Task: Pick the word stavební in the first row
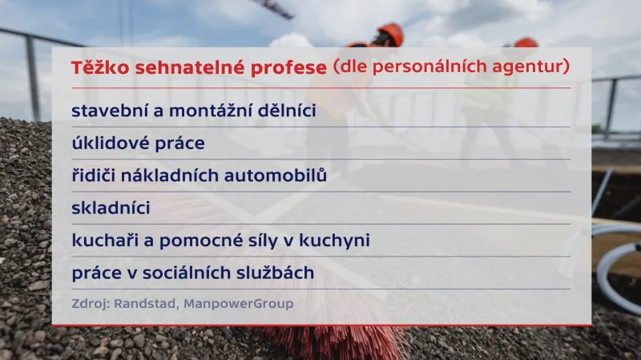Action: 105,111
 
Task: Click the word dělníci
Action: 283,111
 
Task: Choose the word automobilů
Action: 273,176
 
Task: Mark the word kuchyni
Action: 335,241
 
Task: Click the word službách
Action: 277,273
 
